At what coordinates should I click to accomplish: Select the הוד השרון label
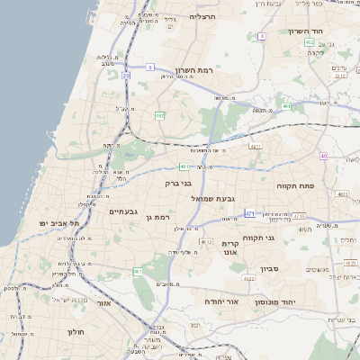coord(306,31)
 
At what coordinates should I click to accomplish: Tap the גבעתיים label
coord(122,211)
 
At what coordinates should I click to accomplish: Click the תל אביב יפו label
coord(59,222)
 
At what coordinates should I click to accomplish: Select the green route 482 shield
coord(159,115)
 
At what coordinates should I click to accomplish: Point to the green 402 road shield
coord(310,42)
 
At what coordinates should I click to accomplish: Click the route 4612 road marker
coord(207,242)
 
